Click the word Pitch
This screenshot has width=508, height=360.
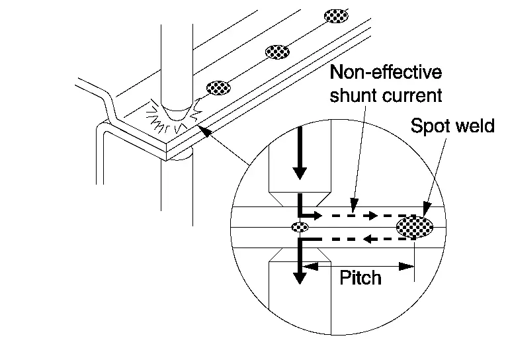pos(360,277)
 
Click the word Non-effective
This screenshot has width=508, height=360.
pos(386,72)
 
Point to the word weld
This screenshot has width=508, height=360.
pos(475,126)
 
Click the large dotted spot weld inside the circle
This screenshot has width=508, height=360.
pos(415,228)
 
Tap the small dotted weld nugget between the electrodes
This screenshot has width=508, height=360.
pos(300,227)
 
